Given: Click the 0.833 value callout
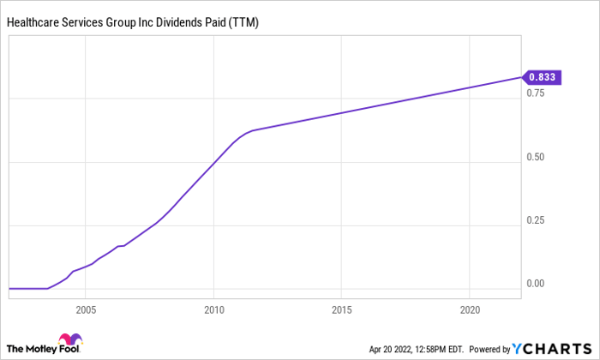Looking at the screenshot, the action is pos(542,77).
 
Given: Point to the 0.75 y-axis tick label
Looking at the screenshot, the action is pos(536,93).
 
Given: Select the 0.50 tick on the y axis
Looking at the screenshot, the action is pos(536,157).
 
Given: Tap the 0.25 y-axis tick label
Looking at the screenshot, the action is pos(536,220).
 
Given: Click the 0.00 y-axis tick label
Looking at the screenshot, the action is pos(536,284).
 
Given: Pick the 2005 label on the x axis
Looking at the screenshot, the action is pos(86,310).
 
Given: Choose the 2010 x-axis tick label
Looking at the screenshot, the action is pos(214,310).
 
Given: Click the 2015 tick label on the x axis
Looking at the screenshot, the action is pos(342,310).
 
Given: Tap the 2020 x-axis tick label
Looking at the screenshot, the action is pos(470,310).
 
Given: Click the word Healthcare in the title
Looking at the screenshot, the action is pos(33,22).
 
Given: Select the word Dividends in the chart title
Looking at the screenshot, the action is pos(179,22).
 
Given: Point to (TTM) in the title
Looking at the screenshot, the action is pos(243,22).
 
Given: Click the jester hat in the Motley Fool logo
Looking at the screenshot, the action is pos(70,339).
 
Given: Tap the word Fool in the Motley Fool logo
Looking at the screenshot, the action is pos(69,349).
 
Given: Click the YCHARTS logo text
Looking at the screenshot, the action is pos(552,349).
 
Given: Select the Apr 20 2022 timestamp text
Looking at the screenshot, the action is pos(390,350).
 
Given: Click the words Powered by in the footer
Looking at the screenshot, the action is pos(489,350).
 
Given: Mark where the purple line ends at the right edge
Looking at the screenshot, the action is pos(521,77).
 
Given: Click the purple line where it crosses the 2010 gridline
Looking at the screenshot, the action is pos(214,163).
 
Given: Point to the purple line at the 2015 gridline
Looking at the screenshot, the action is pos(341,112).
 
